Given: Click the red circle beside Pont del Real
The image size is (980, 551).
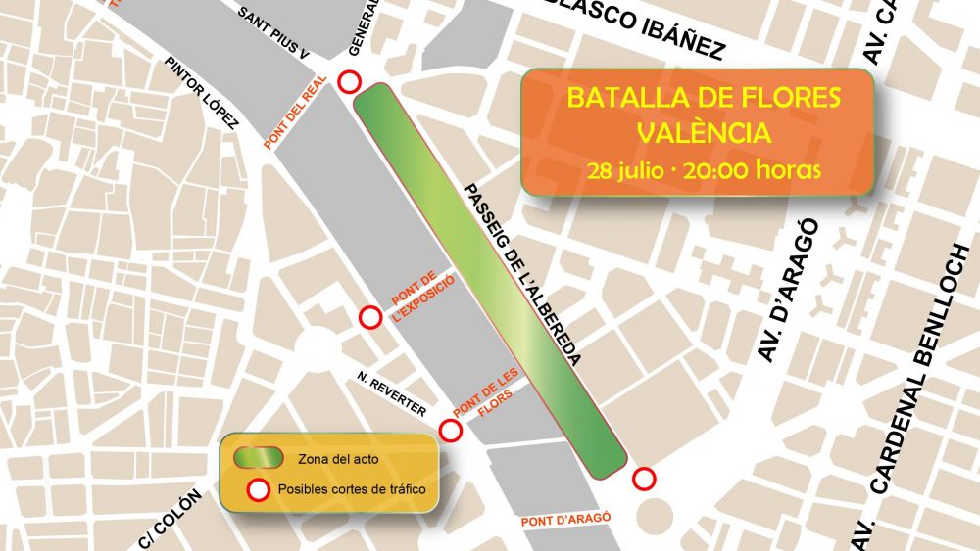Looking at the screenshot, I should [349, 82].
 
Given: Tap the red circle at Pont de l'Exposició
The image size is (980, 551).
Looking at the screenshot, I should [370, 317].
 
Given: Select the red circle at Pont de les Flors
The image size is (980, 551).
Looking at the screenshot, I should [451, 430].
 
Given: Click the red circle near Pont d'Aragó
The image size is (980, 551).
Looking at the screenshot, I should [644, 479].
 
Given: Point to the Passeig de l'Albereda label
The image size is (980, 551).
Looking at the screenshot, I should [523, 275].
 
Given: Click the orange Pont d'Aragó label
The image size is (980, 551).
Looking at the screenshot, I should [567, 520].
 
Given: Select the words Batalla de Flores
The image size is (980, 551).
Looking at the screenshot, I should [704, 98].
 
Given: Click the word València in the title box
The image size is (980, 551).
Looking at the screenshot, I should [704, 133].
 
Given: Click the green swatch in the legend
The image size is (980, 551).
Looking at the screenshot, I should [259, 458].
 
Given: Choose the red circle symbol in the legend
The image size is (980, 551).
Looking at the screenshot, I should [259, 489].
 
